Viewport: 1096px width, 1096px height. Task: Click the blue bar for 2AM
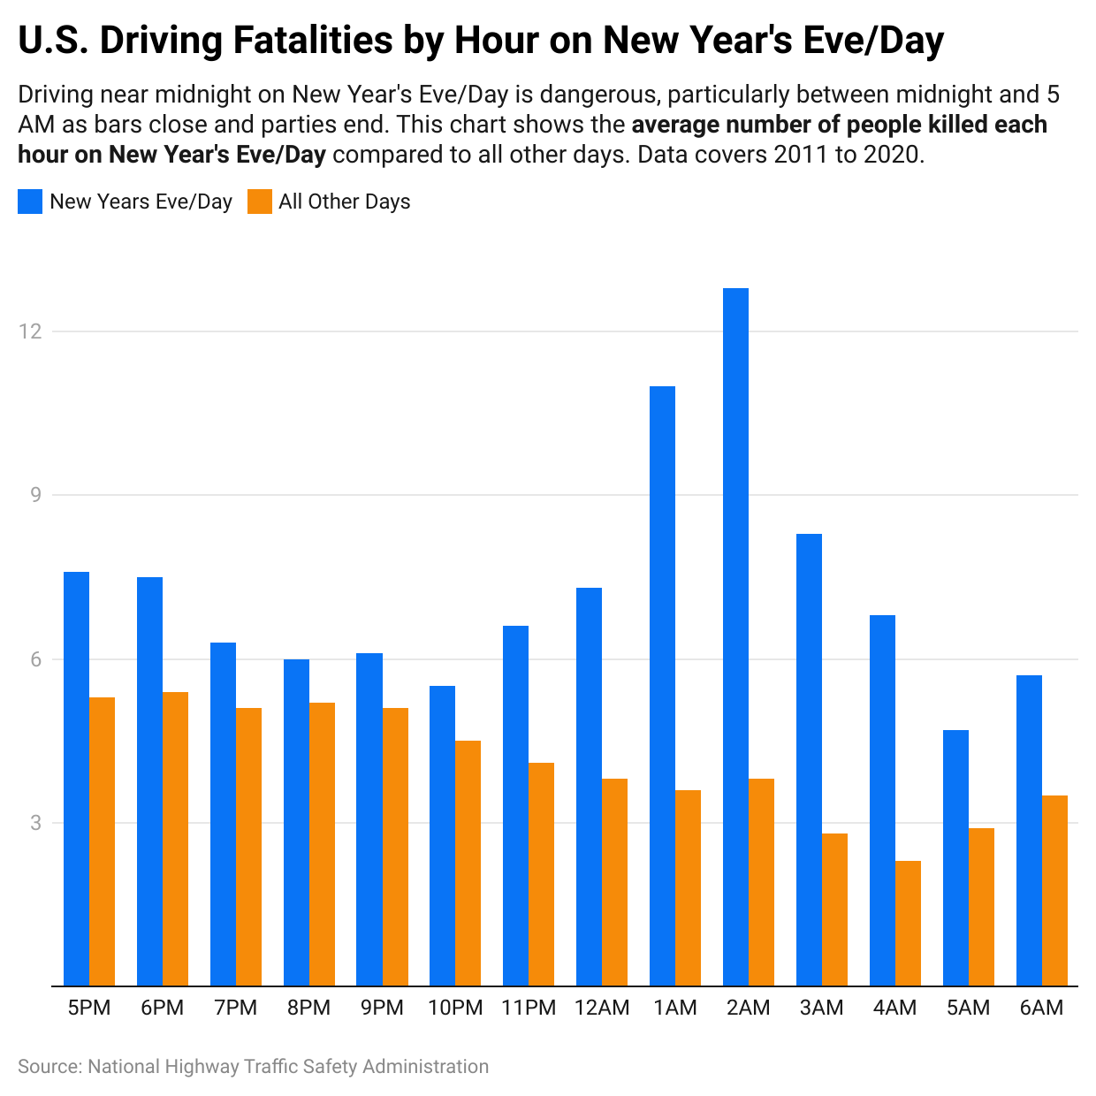click(x=735, y=636)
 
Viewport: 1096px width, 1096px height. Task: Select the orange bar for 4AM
click(x=908, y=923)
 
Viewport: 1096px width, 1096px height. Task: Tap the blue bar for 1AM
click(x=662, y=686)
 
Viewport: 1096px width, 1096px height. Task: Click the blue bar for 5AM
click(x=955, y=857)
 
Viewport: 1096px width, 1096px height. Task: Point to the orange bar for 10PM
click(x=468, y=863)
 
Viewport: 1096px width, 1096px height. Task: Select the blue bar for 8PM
click(x=296, y=822)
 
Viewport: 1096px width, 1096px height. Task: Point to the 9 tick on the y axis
click(x=36, y=495)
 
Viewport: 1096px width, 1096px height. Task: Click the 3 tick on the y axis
click(x=36, y=823)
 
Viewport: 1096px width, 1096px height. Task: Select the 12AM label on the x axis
click(x=602, y=1008)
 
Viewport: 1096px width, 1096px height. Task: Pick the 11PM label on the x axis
click(x=529, y=1008)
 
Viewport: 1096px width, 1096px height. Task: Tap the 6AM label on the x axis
click(x=1041, y=1008)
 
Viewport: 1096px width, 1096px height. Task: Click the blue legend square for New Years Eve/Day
click(x=30, y=202)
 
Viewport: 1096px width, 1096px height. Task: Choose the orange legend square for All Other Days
click(x=259, y=202)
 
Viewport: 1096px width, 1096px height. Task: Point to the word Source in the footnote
click(x=48, y=1067)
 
